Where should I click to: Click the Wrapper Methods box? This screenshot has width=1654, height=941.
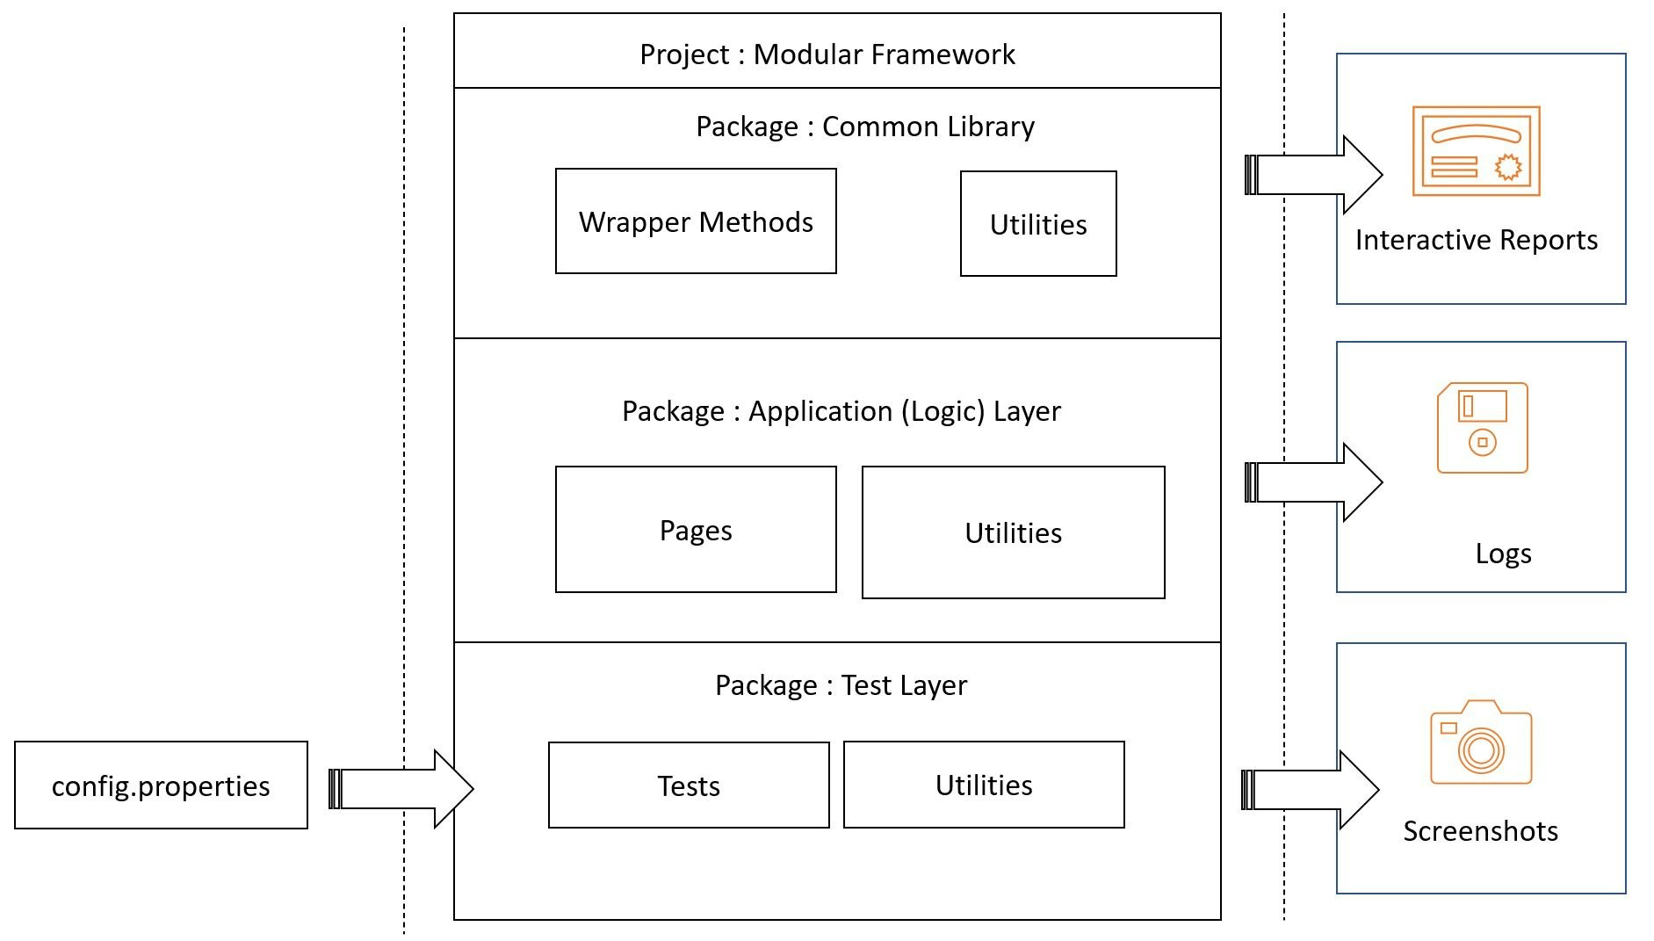(696, 221)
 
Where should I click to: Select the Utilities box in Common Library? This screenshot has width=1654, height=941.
(1038, 224)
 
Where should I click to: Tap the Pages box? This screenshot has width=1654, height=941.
(696, 530)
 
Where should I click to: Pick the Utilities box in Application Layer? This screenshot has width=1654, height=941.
(1013, 532)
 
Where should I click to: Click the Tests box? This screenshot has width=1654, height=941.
(689, 785)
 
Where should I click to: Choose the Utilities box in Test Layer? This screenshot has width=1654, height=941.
(984, 785)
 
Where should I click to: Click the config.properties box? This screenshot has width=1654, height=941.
(161, 785)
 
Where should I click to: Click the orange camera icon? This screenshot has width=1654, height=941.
(1481, 742)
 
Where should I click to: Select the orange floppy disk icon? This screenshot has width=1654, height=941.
(1483, 428)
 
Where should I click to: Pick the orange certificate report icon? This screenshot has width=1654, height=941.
(1476, 151)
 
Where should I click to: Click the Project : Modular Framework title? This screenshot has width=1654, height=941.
(827, 54)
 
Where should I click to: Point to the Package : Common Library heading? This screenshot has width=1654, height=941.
(864, 127)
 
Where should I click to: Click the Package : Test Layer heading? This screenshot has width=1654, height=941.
(841, 685)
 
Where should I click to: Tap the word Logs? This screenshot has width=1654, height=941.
(1503, 554)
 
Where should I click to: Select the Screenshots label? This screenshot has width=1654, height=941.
(1480, 830)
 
